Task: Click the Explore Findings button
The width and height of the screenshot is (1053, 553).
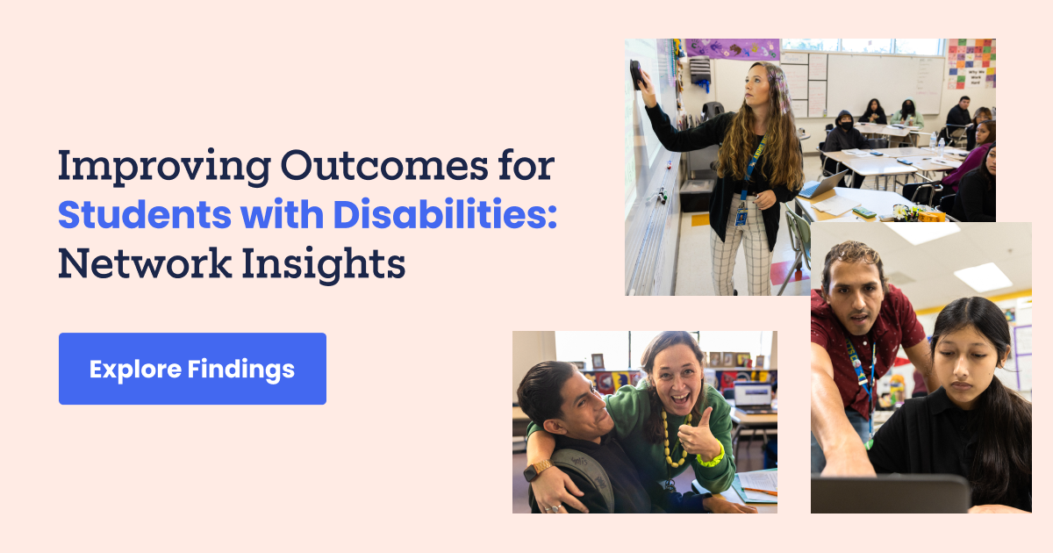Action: click(x=192, y=369)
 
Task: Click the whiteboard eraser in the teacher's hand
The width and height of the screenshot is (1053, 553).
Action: click(x=635, y=75)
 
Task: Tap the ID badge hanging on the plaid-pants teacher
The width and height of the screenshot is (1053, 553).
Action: click(x=741, y=213)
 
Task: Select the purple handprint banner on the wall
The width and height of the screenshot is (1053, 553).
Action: click(x=732, y=49)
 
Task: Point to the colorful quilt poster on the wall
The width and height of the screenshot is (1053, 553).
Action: click(x=971, y=62)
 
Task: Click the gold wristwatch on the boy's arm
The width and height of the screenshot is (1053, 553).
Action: click(x=537, y=470)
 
